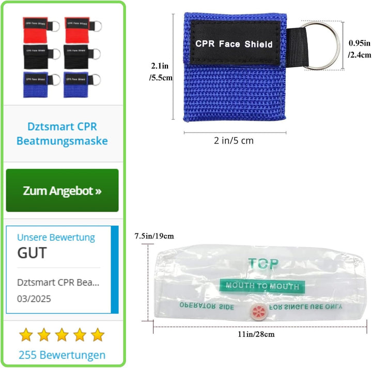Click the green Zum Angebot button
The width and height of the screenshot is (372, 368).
[62, 190]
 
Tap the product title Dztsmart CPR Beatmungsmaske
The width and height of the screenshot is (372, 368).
[62, 134]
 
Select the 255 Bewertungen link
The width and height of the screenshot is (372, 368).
[62, 355]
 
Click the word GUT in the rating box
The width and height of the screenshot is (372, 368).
[32, 253]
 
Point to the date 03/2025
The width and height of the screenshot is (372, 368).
[34, 299]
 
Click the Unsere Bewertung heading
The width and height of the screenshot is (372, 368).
[56, 238]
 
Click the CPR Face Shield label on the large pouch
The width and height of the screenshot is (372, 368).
[234, 44]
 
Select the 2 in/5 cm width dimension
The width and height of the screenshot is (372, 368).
[235, 140]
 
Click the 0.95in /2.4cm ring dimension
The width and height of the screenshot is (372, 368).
[359, 48]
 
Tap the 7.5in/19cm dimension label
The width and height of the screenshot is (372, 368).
[154, 236]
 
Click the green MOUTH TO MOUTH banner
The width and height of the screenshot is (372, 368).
[261, 286]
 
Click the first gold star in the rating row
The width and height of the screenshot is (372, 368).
[26, 335]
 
